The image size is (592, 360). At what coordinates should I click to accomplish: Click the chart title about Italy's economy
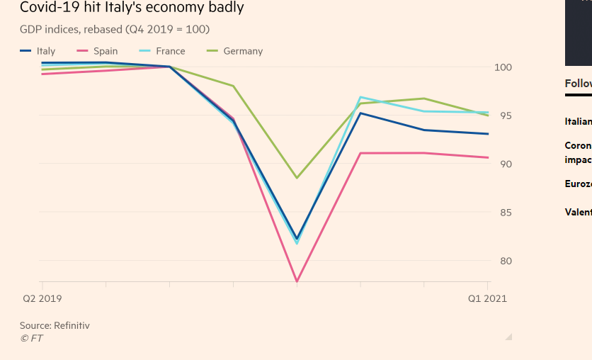[x=132, y=9]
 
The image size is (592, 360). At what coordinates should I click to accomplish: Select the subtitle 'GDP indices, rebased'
[x=115, y=29]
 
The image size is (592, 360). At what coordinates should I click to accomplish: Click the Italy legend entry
[x=38, y=51]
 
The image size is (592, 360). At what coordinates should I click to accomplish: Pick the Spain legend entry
[x=98, y=51]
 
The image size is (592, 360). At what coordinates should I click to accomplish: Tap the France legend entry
[x=162, y=51]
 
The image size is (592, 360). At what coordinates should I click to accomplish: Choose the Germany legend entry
[x=234, y=51]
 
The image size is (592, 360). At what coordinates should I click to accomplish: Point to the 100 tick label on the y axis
[x=503, y=67]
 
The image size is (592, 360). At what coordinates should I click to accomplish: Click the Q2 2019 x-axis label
[x=41, y=298]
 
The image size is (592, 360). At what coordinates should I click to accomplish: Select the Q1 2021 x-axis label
[x=487, y=298]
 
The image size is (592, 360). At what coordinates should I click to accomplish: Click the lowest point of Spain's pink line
[x=297, y=281]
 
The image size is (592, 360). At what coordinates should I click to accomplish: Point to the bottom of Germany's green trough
[x=297, y=177]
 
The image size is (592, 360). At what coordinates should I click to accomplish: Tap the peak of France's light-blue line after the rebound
[x=360, y=97]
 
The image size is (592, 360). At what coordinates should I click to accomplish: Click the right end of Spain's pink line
[x=488, y=157]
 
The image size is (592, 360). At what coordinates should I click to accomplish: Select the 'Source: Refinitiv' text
[x=55, y=326]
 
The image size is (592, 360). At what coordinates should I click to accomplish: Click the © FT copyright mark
[x=31, y=338]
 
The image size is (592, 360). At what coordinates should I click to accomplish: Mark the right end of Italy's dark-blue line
[x=488, y=134]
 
